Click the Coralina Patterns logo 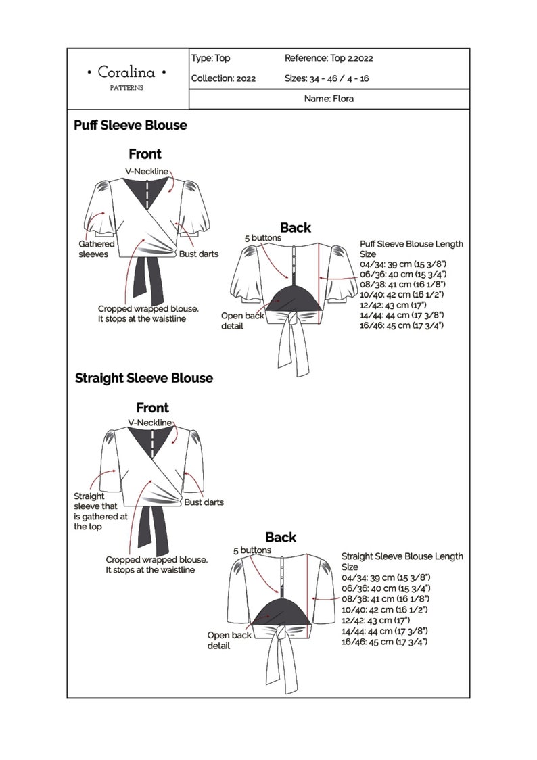127,74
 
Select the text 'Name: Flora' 329,99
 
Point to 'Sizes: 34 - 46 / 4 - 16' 327,78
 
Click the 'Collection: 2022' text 223,78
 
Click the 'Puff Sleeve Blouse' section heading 131,126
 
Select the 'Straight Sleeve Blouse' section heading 143,378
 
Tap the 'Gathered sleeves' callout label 97,249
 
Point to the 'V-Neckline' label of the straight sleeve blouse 150,423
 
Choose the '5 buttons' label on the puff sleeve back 262,238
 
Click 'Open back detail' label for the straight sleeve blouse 229,640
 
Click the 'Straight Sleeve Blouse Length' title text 402,556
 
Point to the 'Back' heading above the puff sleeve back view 296,227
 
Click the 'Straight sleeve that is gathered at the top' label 100,511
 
